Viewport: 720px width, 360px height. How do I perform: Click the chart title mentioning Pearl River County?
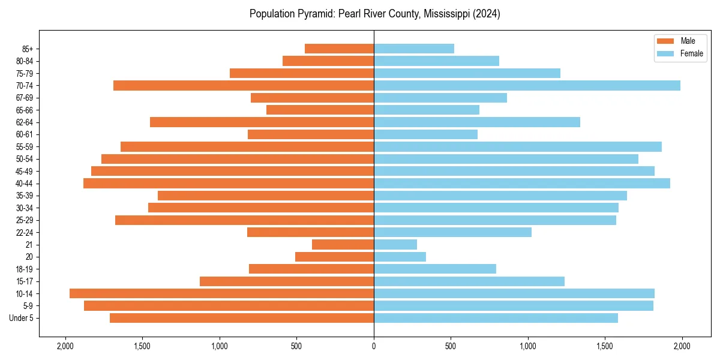(x=374, y=14)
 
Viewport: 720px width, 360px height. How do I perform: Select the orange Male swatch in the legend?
(x=666, y=41)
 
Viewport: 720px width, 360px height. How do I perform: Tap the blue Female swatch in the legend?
(x=666, y=53)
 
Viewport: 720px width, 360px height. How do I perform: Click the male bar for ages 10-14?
(x=221, y=293)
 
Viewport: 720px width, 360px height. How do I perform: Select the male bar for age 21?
(x=343, y=245)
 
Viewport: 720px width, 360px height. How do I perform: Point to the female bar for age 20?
(x=400, y=257)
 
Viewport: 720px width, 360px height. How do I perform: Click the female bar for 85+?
(x=414, y=49)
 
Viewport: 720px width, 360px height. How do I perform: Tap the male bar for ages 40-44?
(x=229, y=184)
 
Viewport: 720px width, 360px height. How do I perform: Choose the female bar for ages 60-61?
(x=425, y=134)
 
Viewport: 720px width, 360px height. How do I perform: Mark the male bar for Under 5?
(x=242, y=318)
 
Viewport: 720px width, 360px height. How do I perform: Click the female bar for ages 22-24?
(x=452, y=232)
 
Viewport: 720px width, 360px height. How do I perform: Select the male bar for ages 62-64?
(x=262, y=122)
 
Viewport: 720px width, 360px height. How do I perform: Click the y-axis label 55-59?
(x=25, y=147)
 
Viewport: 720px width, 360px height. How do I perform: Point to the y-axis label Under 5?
(x=22, y=318)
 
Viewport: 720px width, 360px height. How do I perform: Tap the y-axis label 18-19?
(x=25, y=269)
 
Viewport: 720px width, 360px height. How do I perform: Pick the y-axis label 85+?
(x=27, y=49)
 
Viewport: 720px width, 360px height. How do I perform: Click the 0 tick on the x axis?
(x=374, y=346)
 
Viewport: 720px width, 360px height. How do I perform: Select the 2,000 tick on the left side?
(x=65, y=346)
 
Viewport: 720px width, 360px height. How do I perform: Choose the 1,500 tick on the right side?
(x=605, y=346)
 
